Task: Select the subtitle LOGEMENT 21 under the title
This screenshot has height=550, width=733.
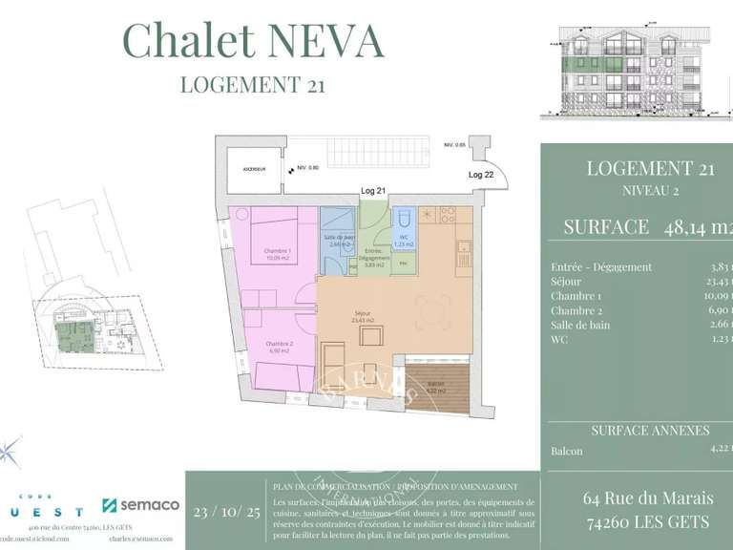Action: pos(253,85)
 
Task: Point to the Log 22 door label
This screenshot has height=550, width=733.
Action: pos(482,175)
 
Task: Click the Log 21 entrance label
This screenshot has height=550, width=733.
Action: pos(374,191)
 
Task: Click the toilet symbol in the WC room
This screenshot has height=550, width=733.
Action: pos(404,218)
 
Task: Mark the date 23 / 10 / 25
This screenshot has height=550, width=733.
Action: pos(226,512)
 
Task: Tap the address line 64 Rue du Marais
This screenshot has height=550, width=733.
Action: pos(647,498)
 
